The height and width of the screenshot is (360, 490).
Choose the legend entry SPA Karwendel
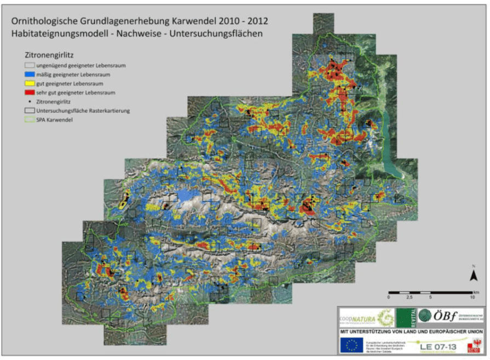(54, 119)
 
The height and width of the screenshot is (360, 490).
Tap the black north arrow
(472, 274)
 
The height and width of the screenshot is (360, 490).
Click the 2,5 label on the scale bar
(409, 297)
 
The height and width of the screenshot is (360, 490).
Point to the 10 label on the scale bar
(472, 297)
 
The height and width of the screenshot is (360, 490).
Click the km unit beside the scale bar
(477, 291)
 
